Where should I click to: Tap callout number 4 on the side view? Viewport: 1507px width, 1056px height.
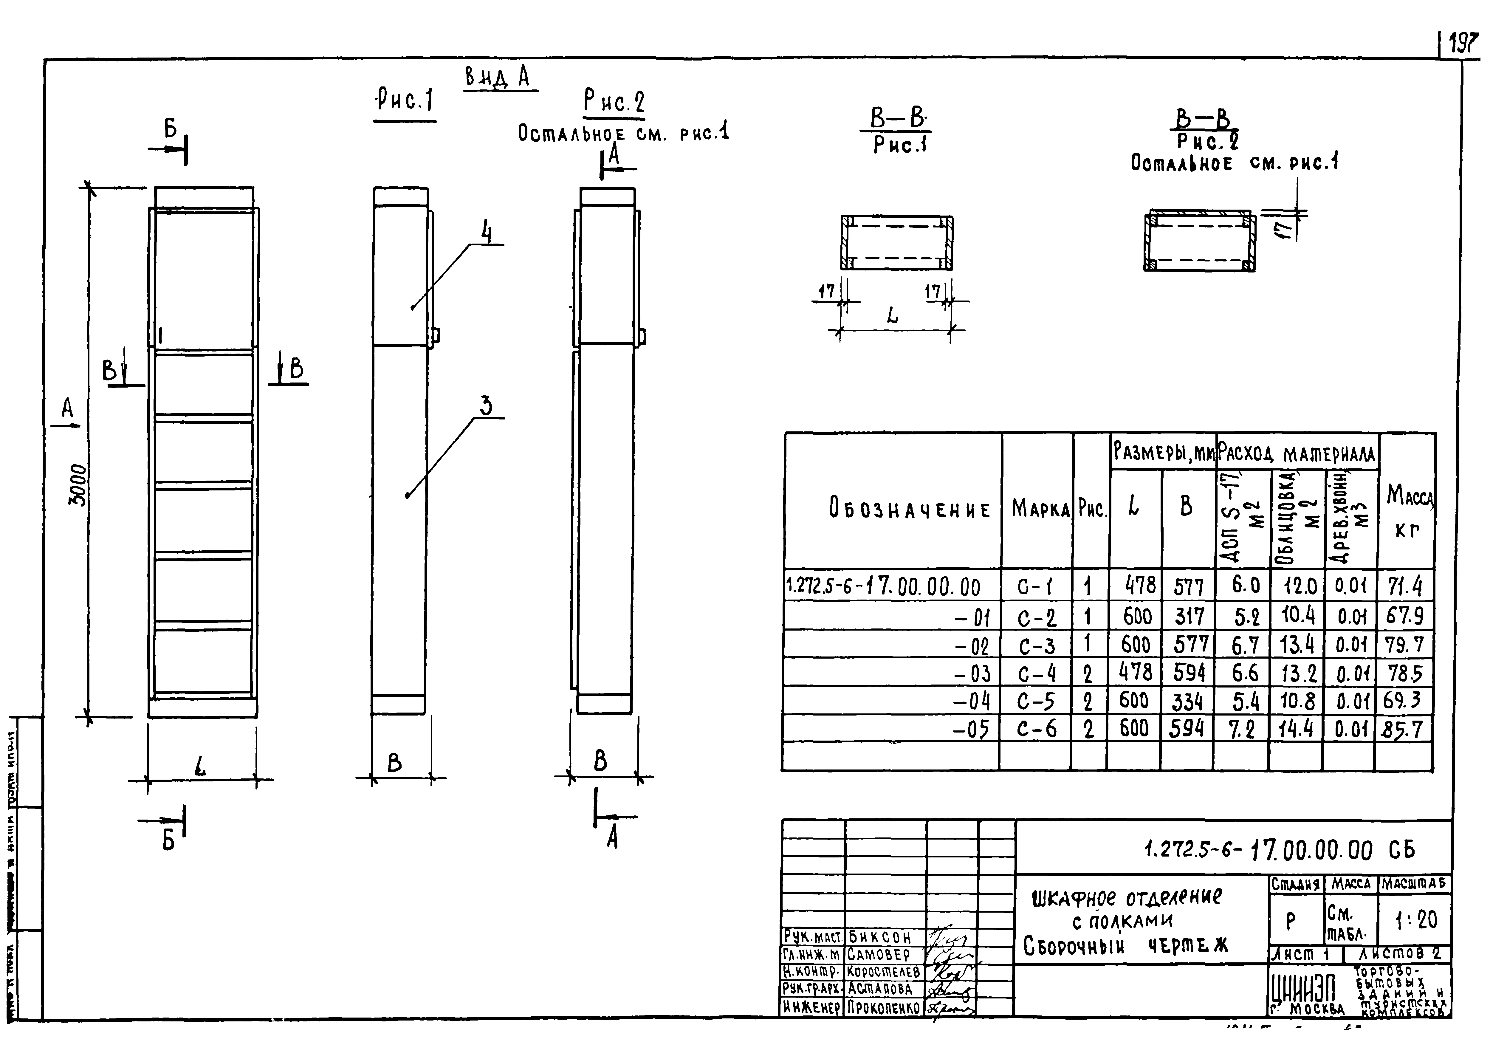tap(486, 232)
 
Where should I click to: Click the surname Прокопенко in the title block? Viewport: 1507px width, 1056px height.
tap(883, 1007)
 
